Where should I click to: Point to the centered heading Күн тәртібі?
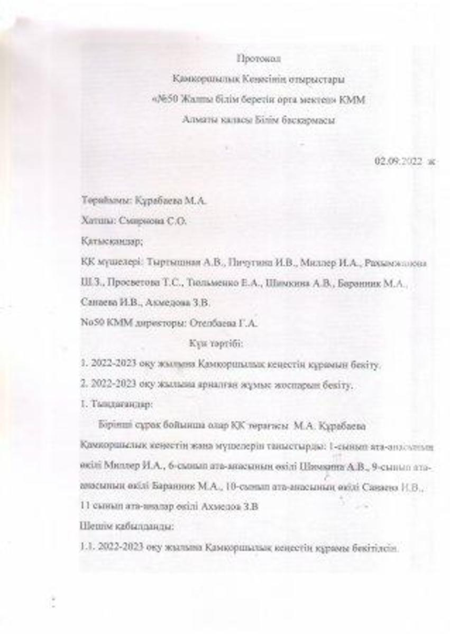tap(216, 344)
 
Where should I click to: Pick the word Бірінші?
tap(114, 425)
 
